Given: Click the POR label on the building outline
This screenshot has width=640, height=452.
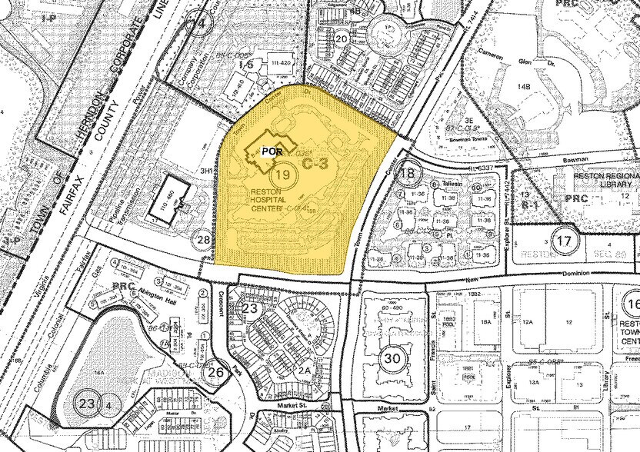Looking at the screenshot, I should [x=268, y=151].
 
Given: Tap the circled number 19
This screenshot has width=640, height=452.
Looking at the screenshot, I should [x=283, y=174].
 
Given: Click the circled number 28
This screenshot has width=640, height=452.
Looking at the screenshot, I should [x=203, y=241].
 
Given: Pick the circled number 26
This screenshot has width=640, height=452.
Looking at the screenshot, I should [x=216, y=373].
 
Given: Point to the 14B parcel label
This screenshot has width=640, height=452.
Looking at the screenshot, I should [x=525, y=87].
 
